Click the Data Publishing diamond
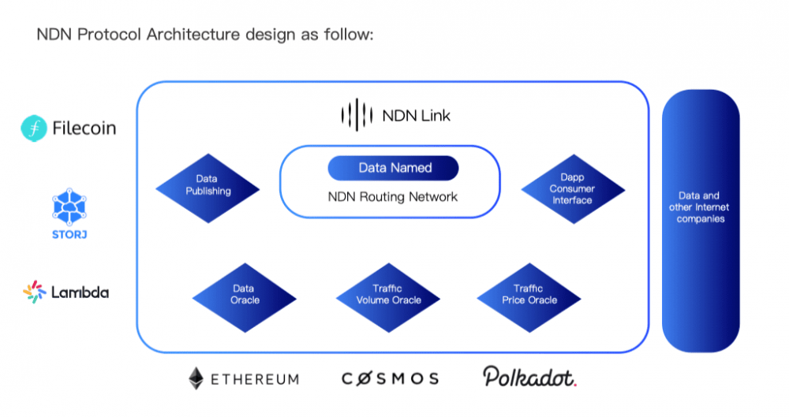pos(208,186)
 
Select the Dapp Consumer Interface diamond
pos(573,189)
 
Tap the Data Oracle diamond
pos(245,295)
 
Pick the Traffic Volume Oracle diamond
pos(388,295)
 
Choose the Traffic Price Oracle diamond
pos(529,295)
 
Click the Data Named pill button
pos(394,168)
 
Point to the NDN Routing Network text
pos(392,196)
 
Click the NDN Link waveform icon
pos(354,115)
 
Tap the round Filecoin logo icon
pos(33,128)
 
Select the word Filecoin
pos(84,128)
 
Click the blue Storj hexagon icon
pos(69,207)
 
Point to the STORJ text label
pos(69,234)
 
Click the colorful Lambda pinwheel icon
pos(35,292)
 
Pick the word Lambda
pos(80,292)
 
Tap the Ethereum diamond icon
pos(196,378)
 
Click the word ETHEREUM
pos(255,379)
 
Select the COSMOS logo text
pos(391,379)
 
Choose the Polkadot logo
pos(530,377)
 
